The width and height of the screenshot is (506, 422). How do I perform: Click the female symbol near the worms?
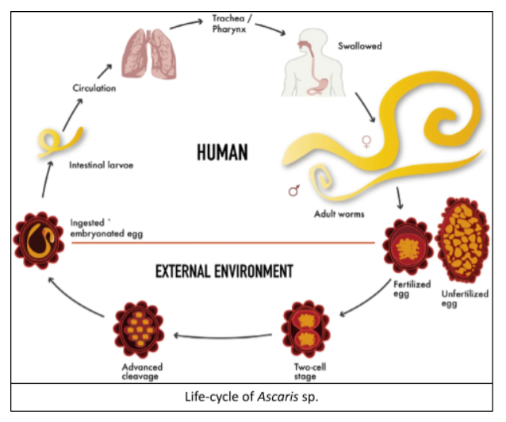[x=366, y=141]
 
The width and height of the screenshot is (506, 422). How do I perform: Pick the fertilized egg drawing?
[x=408, y=246]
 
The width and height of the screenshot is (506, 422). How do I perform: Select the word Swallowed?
[x=359, y=47]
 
